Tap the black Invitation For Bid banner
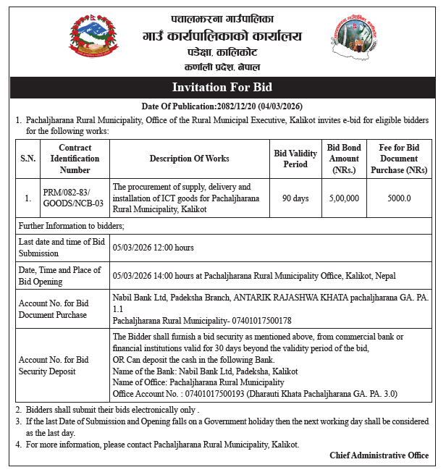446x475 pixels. click(x=222, y=88)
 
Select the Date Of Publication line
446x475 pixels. click(x=223, y=106)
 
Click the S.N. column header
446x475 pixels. click(x=28, y=159)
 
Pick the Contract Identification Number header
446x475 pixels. click(x=75, y=159)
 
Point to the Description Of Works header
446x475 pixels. click(x=189, y=159)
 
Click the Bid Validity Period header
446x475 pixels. click(x=295, y=159)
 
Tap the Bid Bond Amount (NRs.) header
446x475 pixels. click(x=343, y=159)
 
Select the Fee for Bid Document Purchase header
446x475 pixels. click(x=399, y=159)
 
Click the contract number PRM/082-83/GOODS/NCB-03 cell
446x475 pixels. click(x=73, y=198)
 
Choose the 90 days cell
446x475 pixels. click(x=295, y=198)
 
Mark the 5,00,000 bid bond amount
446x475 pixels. click(x=343, y=198)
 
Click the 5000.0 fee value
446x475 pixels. click(x=399, y=198)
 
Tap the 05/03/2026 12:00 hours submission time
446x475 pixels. click(x=153, y=247)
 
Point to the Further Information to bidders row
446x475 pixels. click(x=72, y=227)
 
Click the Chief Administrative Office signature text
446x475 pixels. click(x=379, y=455)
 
